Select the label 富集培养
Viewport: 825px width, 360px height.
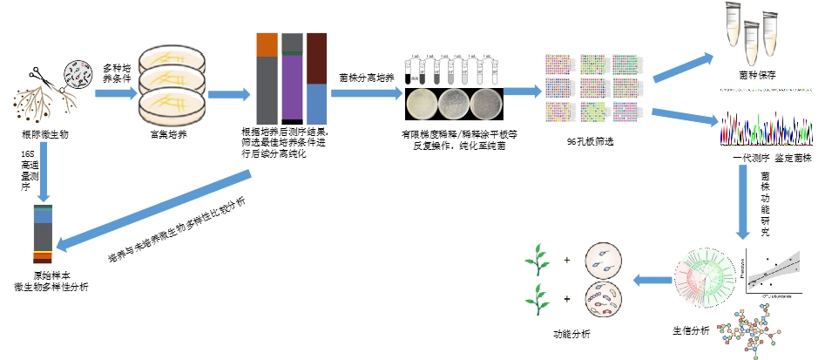(x=171, y=135)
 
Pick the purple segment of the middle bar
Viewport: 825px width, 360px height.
(x=292, y=87)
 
